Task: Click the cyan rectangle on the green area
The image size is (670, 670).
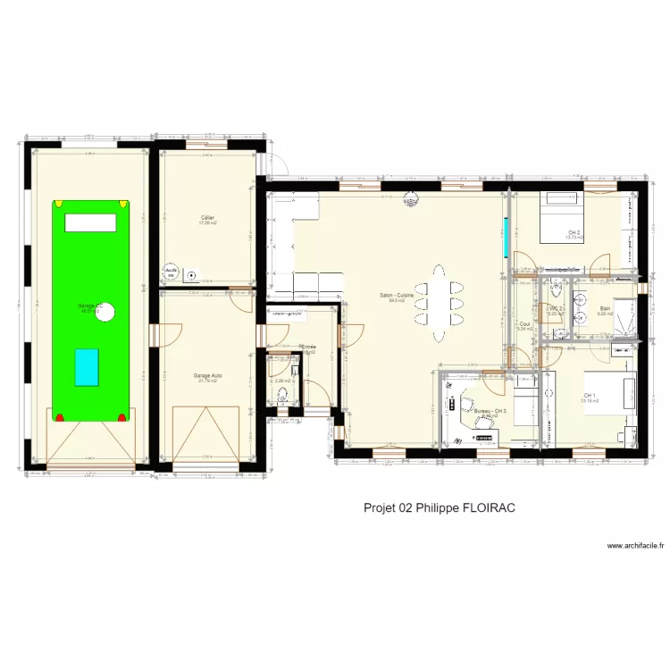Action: click(x=87, y=367)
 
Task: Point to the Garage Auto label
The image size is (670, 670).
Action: click(x=208, y=376)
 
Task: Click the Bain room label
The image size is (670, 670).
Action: click(x=605, y=309)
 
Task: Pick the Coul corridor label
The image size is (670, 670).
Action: click(x=524, y=324)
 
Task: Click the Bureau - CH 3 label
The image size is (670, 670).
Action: click(x=490, y=411)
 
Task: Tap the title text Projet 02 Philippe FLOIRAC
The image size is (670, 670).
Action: click(x=440, y=507)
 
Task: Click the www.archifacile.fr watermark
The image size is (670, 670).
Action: click(x=637, y=546)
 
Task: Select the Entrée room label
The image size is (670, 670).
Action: click(x=308, y=347)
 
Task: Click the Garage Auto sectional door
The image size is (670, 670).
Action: click(x=208, y=433)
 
